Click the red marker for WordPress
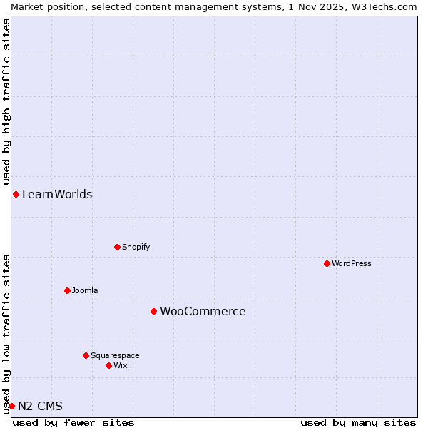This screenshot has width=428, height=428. [327, 263]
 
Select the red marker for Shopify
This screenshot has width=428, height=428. [117, 247]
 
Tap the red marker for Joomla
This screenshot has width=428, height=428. [67, 290]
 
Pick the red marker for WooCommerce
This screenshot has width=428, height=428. [153, 311]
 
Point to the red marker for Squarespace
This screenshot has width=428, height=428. [86, 355]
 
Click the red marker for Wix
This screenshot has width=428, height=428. [108, 365]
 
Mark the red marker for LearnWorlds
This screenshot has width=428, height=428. [16, 194]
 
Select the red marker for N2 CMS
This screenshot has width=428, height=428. [11, 406]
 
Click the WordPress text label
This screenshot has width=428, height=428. [352, 263]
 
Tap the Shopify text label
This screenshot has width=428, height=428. [136, 247]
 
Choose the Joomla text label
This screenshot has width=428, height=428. [85, 290]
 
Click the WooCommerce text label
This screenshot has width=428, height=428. [203, 311]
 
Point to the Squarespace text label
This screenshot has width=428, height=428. [115, 355]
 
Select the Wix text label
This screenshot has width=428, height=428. [121, 365]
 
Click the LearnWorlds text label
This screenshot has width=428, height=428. [57, 194]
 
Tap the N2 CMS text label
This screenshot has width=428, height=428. [40, 406]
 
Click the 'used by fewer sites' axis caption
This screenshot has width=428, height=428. [73, 422]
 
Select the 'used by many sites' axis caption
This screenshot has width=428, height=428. [358, 422]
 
